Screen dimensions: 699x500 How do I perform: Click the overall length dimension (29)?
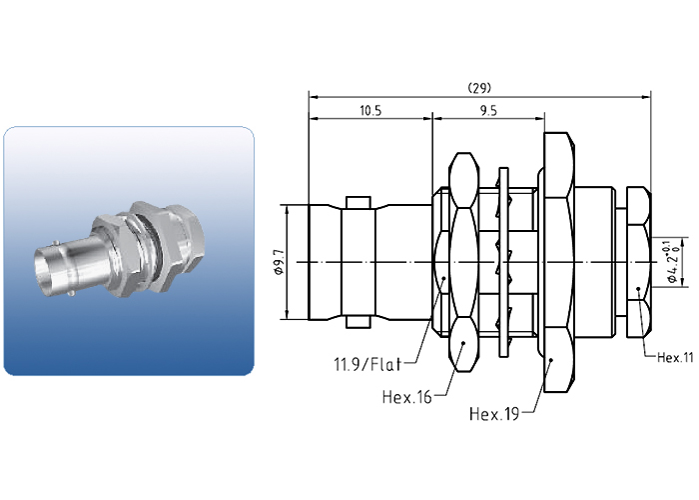[479, 88]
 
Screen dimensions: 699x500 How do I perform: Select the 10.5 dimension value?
[370, 111]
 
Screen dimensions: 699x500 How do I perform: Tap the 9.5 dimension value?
[488, 111]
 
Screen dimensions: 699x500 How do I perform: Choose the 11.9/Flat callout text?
[367, 364]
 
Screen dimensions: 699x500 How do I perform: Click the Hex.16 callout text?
[407, 396]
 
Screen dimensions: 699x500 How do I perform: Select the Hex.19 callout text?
[494, 414]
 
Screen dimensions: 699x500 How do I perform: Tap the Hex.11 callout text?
[676, 358]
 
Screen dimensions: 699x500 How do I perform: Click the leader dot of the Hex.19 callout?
[552, 359]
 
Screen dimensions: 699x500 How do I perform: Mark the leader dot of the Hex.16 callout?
[463, 343]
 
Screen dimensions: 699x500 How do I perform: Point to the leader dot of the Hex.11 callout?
[638, 289]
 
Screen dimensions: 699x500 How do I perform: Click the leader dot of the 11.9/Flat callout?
[443, 279]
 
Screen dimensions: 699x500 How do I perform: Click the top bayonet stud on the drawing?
[358, 202]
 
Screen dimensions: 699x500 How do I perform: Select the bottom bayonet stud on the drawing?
[358, 323]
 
